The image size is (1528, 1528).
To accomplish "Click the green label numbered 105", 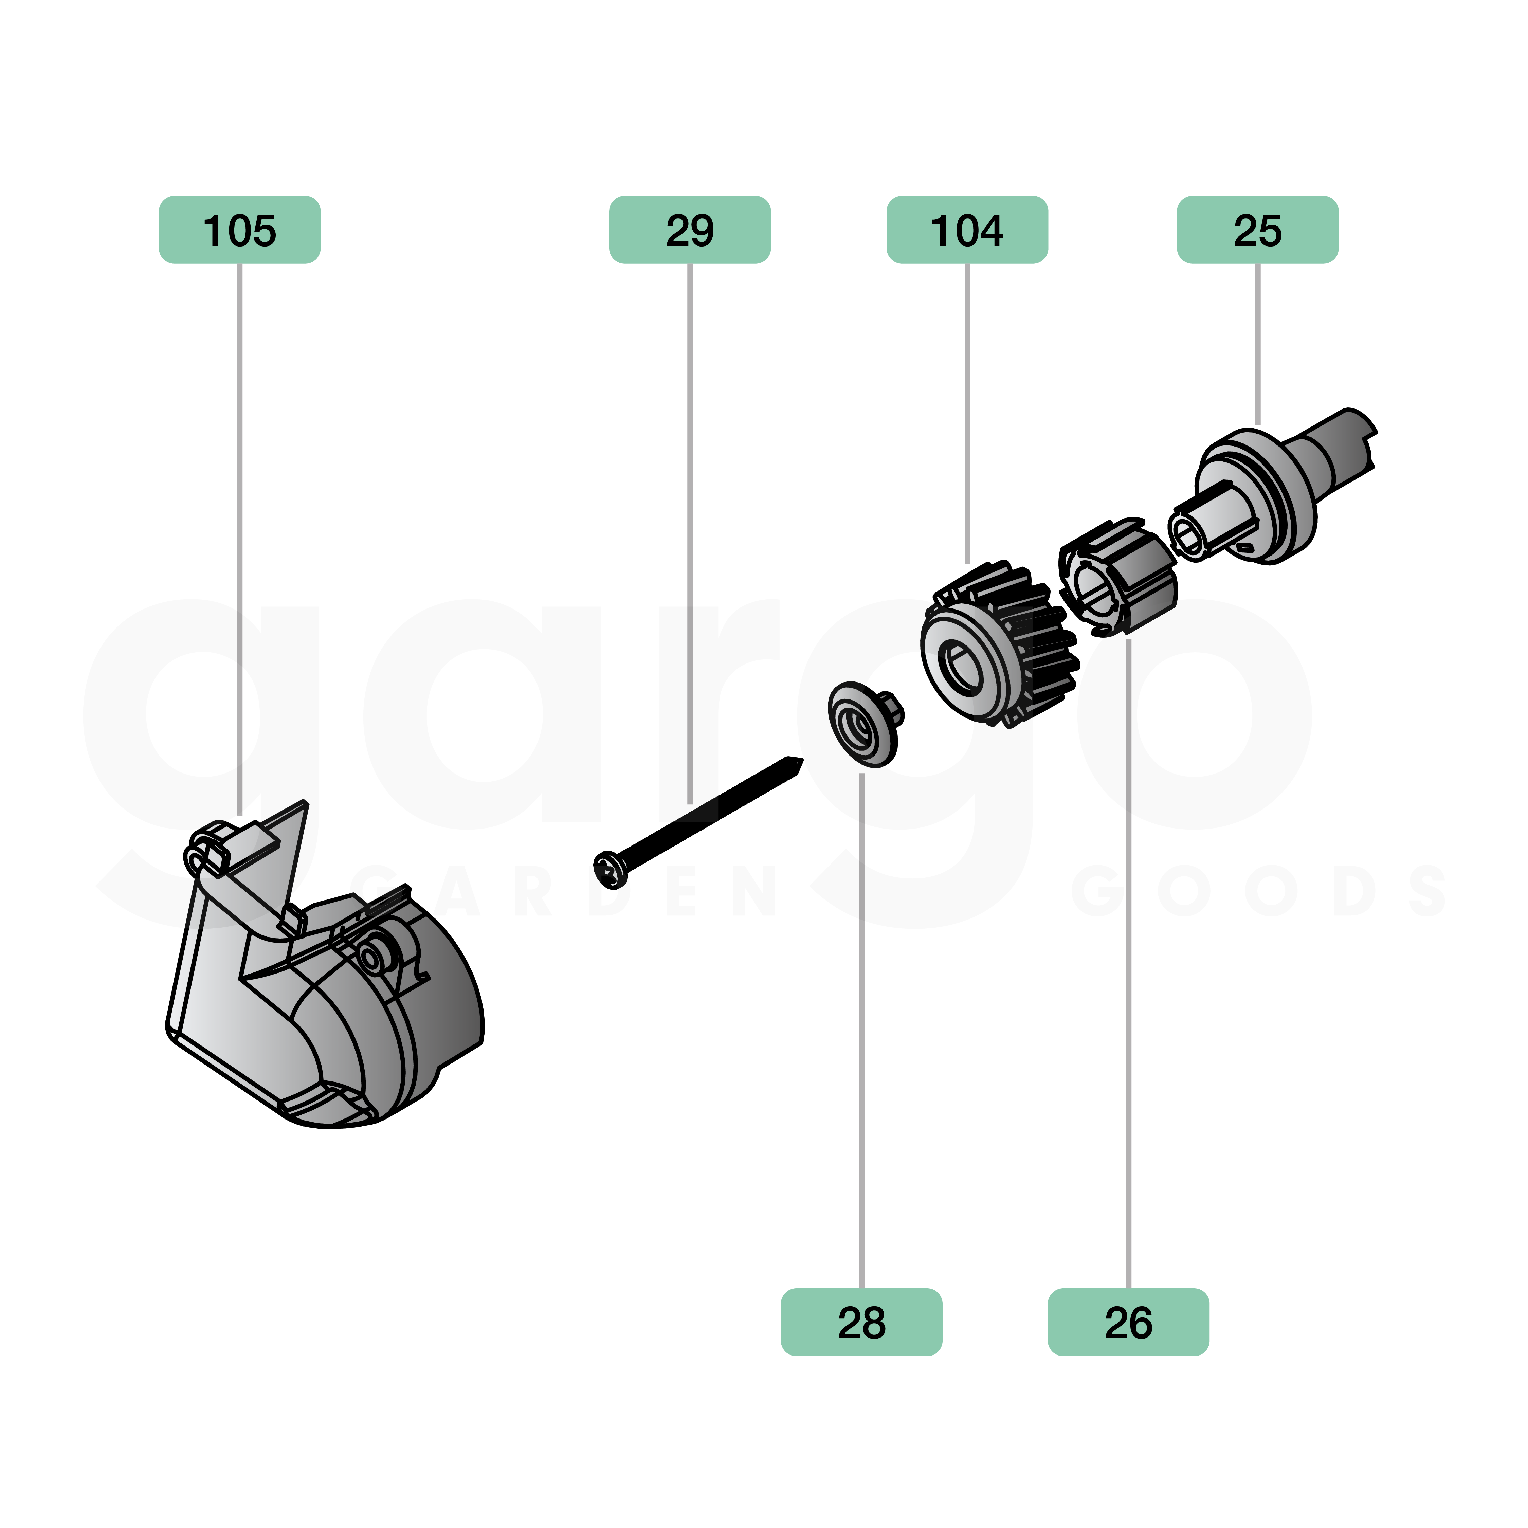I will point(240,230).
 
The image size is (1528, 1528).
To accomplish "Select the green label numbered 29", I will point(690,230).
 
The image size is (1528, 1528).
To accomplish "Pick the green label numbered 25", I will point(1257,230).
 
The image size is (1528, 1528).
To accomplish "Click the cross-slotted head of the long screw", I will point(610,869).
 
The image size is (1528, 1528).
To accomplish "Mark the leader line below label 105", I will point(240,538).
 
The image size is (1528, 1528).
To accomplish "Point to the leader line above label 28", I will point(861,1028).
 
